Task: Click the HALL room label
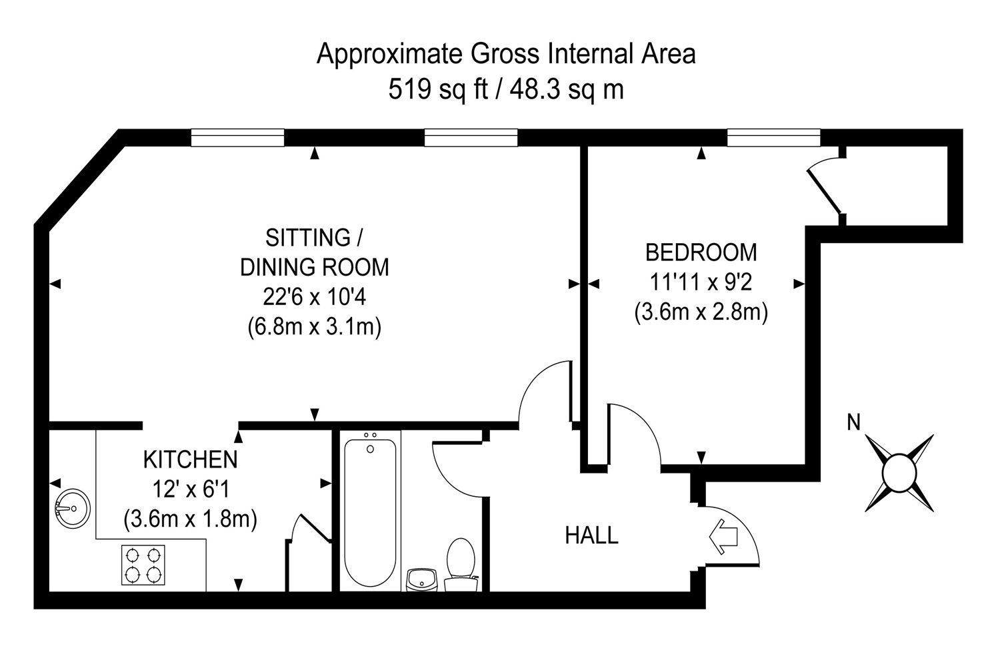[x=591, y=535]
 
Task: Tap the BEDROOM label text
[x=701, y=252]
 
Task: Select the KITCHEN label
[x=191, y=460]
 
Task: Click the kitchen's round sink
[x=71, y=508]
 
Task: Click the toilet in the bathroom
[x=460, y=563]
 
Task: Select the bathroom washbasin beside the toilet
[x=421, y=579]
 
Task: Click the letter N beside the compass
[x=853, y=422]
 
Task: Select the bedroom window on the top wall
[x=773, y=138]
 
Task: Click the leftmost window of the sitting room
[x=237, y=138]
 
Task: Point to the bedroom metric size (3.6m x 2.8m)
[x=701, y=312]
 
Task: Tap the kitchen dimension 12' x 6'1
[x=191, y=490]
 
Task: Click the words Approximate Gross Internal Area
[x=506, y=54]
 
